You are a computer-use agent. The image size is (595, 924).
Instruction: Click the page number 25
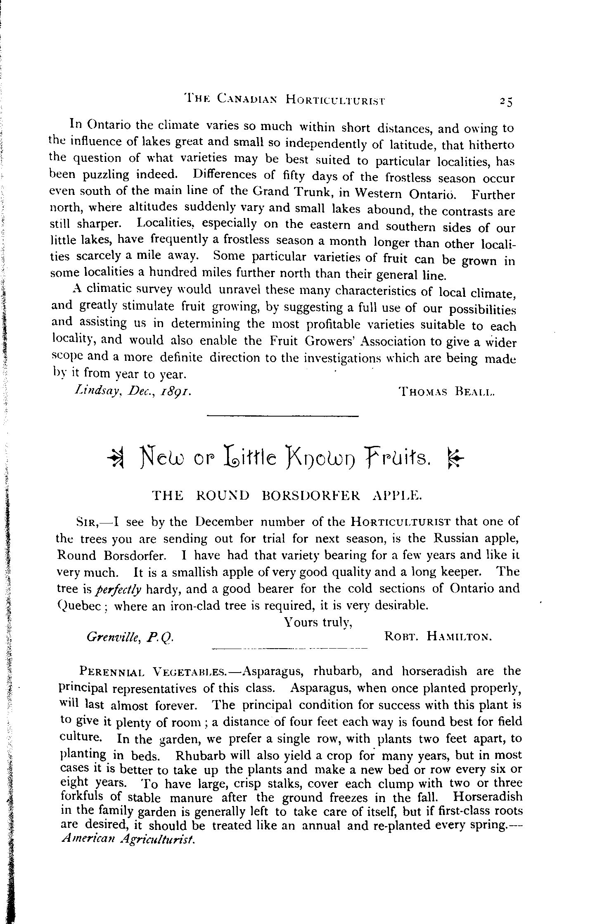tap(505, 101)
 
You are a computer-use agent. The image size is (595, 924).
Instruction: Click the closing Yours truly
tap(318, 622)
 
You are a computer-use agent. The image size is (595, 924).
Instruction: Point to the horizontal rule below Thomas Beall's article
tap(282, 416)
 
